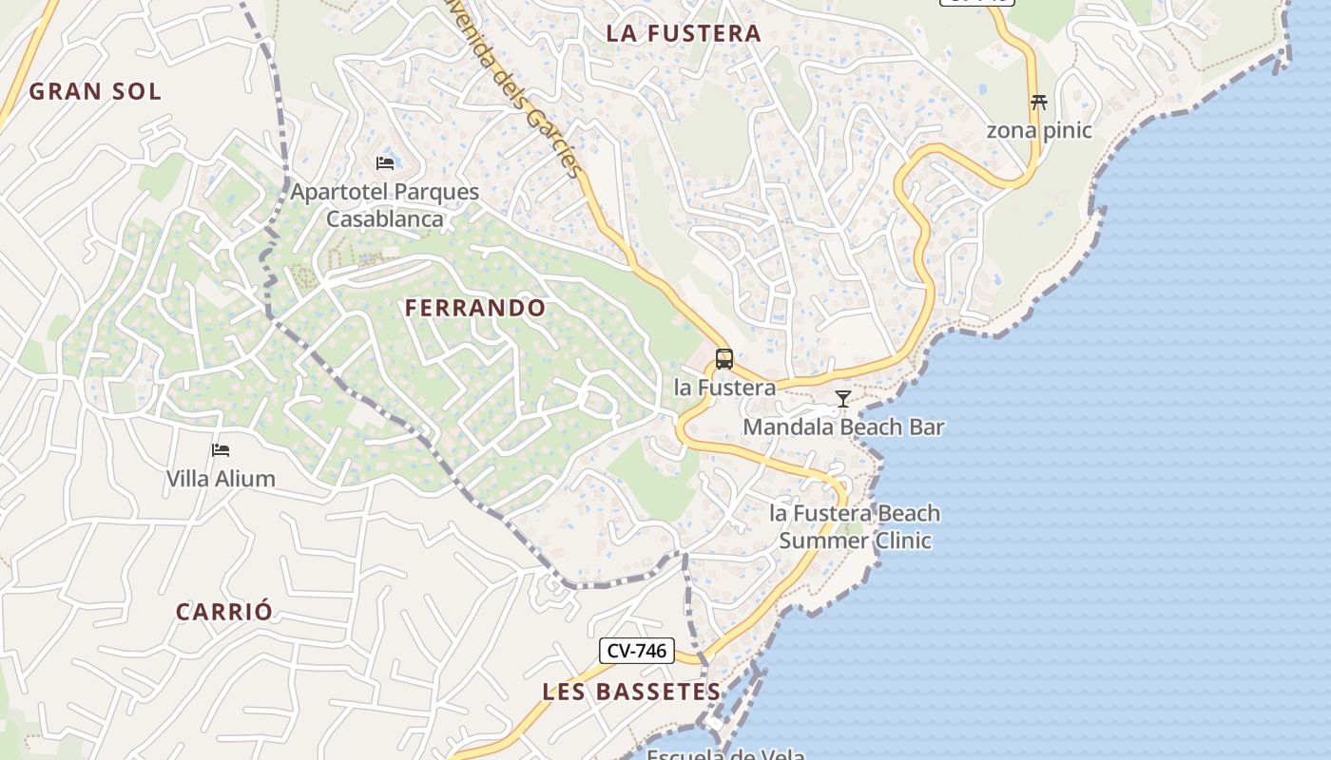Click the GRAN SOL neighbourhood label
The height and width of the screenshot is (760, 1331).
pyautogui.click(x=95, y=92)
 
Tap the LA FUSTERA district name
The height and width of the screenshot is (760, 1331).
pyautogui.click(x=684, y=33)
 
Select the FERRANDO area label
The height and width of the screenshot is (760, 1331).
pyautogui.click(x=475, y=308)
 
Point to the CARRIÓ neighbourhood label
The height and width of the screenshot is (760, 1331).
pyautogui.click(x=224, y=612)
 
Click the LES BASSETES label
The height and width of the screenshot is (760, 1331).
pyautogui.click(x=632, y=692)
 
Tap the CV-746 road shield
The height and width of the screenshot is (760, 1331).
pyautogui.click(x=637, y=651)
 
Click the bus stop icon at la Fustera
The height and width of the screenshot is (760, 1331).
pyautogui.click(x=724, y=359)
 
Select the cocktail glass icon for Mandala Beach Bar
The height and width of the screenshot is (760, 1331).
pyautogui.click(x=843, y=399)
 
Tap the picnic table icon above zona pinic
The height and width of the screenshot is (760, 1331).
pyautogui.click(x=1038, y=102)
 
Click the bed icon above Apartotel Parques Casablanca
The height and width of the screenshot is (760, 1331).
pyautogui.click(x=385, y=163)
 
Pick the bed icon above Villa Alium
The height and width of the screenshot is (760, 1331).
pyautogui.click(x=221, y=450)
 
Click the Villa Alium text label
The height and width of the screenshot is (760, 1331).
pyautogui.click(x=221, y=479)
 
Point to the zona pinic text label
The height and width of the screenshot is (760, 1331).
pyautogui.click(x=1039, y=130)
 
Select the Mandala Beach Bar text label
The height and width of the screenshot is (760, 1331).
pyautogui.click(x=843, y=427)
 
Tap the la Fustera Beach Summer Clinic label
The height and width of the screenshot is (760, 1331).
pyautogui.click(x=855, y=527)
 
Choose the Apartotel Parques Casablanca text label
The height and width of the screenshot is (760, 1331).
pyautogui.click(x=385, y=205)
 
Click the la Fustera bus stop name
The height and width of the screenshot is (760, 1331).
pyautogui.click(x=724, y=388)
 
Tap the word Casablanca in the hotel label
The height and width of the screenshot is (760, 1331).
pyautogui.click(x=385, y=219)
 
